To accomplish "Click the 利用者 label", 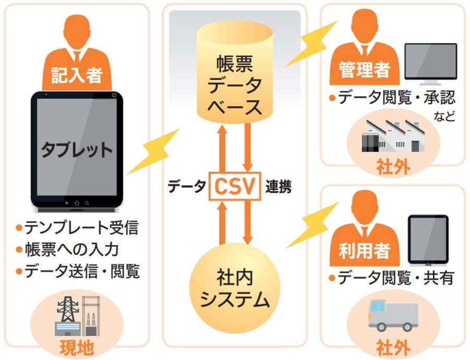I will [365, 251].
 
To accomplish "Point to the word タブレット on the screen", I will [77, 150].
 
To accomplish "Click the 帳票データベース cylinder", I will [234, 73].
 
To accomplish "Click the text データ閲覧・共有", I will [395, 278].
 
